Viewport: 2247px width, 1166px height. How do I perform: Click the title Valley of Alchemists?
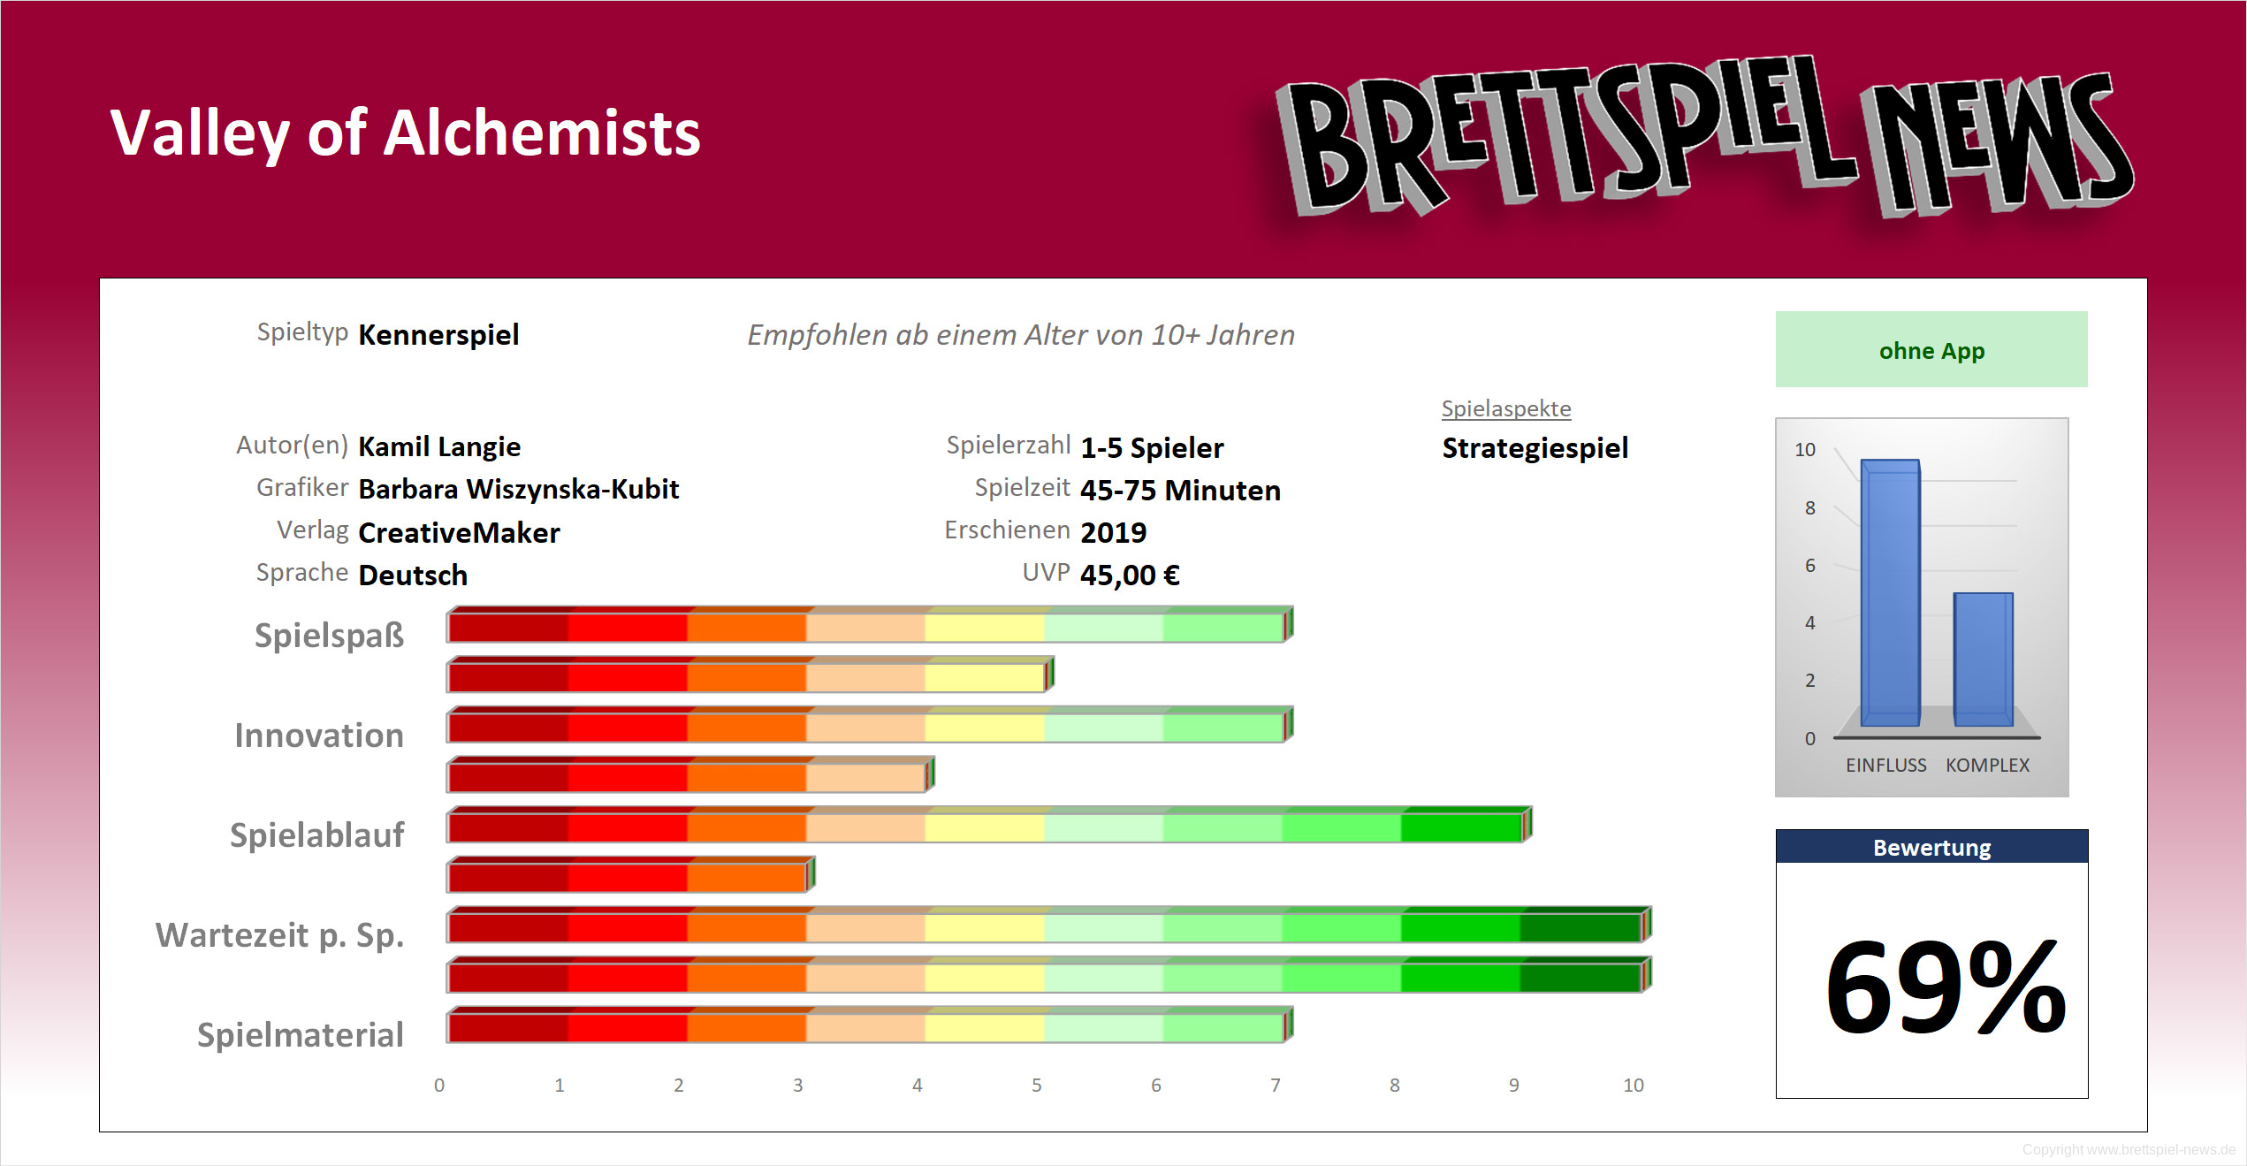click(405, 133)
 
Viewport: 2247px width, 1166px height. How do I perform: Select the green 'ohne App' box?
click(1931, 350)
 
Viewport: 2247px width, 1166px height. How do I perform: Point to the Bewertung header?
click(1931, 848)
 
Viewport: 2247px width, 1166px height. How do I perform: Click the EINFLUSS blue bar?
click(1890, 592)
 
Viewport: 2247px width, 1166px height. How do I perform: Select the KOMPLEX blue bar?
click(1983, 659)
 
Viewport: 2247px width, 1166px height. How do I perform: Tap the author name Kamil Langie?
click(439, 446)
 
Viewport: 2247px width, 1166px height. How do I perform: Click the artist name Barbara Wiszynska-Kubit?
click(518, 489)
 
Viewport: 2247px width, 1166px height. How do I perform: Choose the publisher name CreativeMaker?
click(459, 532)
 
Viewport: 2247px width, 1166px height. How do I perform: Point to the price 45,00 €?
click(1130, 575)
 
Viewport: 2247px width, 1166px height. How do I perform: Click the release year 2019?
click(1113, 532)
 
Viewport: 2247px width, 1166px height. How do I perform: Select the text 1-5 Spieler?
click(1152, 448)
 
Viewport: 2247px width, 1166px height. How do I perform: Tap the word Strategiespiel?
click(1535, 448)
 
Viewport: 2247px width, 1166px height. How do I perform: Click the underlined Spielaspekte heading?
click(1506, 408)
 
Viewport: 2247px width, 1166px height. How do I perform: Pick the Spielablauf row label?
click(316, 834)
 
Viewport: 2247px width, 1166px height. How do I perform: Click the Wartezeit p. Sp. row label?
click(279, 934)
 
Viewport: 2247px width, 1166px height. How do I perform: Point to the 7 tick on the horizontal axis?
click(1275, 1085)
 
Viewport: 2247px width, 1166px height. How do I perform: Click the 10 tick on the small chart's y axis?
click(1804, 449)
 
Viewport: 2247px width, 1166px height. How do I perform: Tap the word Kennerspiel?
click(438, 335)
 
